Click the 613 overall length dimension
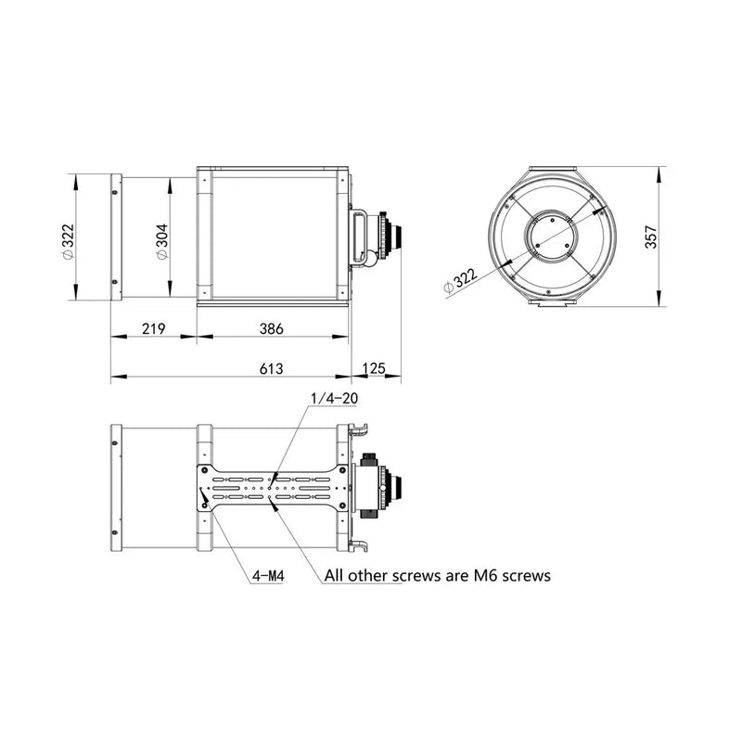(271, 368)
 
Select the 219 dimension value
(154, 328)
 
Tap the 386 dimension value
(271, 328)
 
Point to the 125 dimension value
(374, 368)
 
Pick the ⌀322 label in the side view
(66, 238)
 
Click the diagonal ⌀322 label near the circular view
(460, 278)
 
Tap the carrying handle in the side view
(358, 237)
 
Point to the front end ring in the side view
(115, 237)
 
